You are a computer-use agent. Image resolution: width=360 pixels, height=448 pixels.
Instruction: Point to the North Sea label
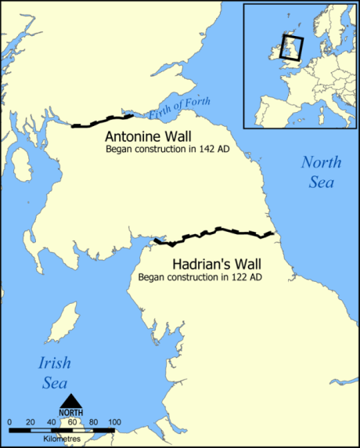coord(322,172)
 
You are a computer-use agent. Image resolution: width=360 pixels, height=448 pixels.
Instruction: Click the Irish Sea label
coord(54,373)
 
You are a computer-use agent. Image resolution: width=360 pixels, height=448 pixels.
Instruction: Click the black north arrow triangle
coord(71,401)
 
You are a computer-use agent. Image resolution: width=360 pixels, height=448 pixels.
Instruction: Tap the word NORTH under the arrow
coord(71,413)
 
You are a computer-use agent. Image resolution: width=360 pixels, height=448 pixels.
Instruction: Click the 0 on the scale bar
coord(9,423)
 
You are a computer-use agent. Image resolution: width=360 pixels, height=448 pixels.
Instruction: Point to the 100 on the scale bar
coord(114,423)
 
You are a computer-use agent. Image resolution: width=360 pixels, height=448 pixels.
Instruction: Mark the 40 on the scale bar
coord(52,423)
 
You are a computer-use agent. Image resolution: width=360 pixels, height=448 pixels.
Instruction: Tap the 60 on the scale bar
coord(73,423)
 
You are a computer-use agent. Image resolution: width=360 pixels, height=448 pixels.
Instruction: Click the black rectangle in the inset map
coord(292,48)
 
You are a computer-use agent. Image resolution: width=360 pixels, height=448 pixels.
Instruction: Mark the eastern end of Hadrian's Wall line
coord(272,233)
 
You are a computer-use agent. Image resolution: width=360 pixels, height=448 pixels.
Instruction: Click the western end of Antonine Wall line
coord(73,125)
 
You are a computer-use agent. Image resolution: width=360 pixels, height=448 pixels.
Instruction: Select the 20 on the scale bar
coord(31,423)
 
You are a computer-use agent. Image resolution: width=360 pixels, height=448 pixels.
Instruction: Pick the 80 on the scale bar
coord(94,423)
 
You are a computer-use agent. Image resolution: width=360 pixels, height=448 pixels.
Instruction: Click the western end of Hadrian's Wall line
coord(155,240)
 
